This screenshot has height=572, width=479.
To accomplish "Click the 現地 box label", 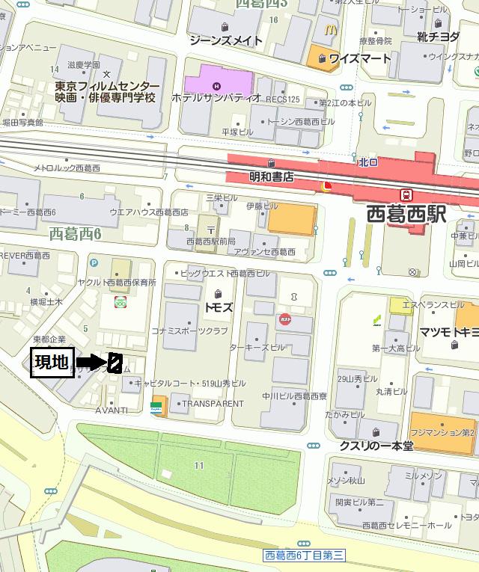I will pos(52,363).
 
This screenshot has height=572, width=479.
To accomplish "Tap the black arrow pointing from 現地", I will pos(92,362).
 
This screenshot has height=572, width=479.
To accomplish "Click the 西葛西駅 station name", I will pos(406,215).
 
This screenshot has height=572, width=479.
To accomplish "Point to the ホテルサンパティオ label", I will pos(216,98).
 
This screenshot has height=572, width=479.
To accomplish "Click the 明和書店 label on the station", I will pos(271,178).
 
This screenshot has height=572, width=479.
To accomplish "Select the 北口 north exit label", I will pos(367,162).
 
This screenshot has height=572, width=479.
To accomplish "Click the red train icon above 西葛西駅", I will pos(407,195).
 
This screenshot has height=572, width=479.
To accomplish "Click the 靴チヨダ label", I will pos(439,37).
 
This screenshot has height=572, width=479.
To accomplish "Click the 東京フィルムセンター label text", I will pos(107,86).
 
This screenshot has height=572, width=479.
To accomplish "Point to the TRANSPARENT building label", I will pos(213,404).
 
